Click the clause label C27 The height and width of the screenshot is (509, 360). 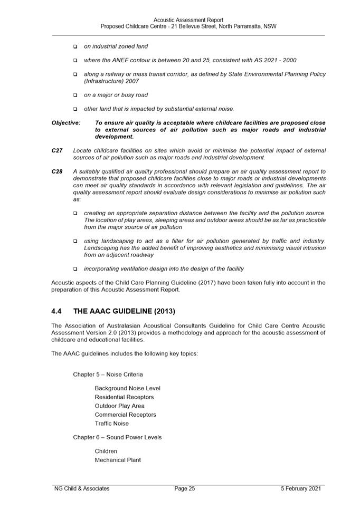point(57,150)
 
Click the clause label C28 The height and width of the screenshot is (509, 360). point(57,171)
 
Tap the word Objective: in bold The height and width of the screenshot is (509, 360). point(66,123)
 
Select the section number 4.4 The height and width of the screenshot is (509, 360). point(57,311)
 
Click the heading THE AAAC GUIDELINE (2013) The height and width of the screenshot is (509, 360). point(124,311)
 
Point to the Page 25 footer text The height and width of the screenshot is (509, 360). point(185,488)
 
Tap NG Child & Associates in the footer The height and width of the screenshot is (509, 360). point(82,488)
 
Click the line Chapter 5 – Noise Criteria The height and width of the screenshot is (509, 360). point(108,374)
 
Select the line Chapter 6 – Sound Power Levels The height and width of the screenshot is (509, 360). point(117,437)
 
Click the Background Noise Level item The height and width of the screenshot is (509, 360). point(127,388)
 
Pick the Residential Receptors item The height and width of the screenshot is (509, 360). point(124,397)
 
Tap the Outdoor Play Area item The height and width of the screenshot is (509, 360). point(119,406)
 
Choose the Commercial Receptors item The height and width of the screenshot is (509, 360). point(125,415)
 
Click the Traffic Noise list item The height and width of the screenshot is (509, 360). point(111,424)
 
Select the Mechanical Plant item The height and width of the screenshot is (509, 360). point(118,460)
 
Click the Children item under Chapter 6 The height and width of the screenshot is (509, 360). point(106,452)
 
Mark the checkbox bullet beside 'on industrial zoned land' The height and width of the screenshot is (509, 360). point(75,47)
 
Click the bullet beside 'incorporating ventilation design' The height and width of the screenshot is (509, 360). point(75,269)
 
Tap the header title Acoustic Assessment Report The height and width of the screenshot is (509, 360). point(188,20)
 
